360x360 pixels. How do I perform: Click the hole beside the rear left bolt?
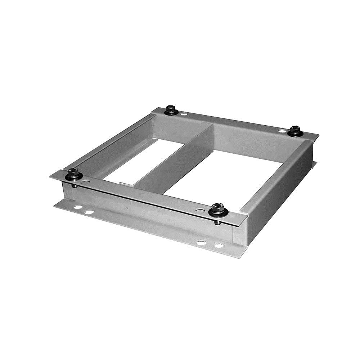[184, 114]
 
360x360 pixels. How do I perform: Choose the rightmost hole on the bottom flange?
[219, 246]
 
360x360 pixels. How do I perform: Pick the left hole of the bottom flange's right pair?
[201, 243]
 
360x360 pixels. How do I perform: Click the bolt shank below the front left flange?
[74, 185]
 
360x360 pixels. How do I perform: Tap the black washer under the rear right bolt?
[296, 134]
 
